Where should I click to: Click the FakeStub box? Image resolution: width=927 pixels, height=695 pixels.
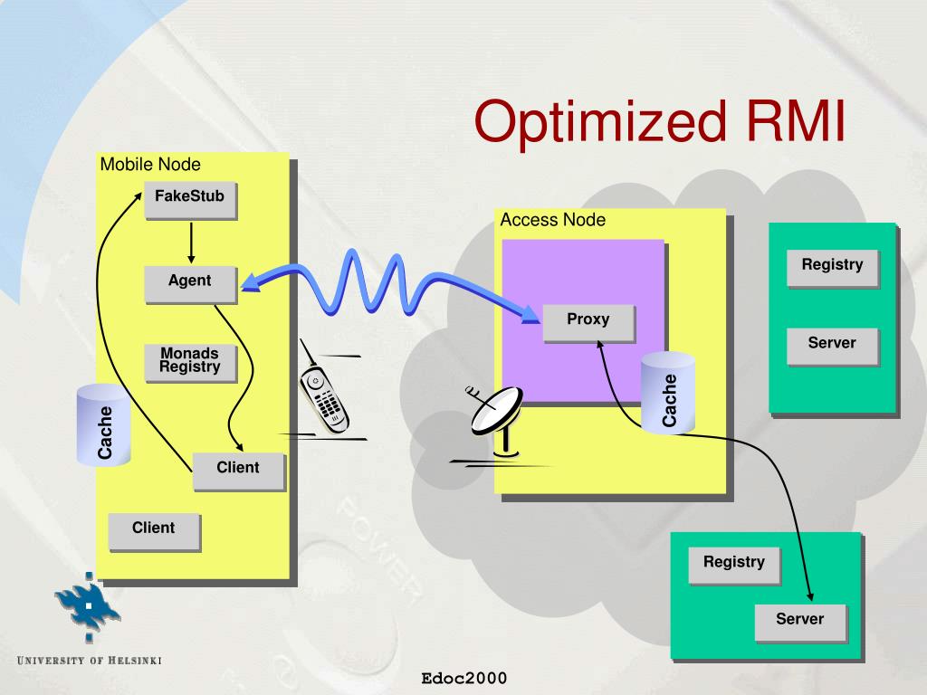click(190, 200)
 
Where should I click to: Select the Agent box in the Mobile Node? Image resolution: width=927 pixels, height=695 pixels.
click(190, 285)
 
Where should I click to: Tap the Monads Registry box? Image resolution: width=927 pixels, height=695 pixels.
click(190, 364)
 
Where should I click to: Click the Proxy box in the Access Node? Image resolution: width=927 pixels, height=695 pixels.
click(588, 324)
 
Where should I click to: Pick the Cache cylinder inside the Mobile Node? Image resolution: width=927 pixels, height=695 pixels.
click(103, 424)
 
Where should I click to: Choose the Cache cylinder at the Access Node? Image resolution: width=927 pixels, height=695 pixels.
click(668, 393)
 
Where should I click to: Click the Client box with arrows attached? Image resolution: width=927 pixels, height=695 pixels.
click(239, 471)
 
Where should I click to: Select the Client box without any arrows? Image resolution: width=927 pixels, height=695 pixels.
click(154, 532)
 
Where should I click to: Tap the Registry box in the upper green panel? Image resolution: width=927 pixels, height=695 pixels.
click(833, 269)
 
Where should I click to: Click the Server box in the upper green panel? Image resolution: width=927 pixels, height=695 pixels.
click(833, 347)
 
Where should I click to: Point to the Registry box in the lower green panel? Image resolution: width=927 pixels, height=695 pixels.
click(734, 566)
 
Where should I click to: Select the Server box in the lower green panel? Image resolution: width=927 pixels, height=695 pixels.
click(800, 624)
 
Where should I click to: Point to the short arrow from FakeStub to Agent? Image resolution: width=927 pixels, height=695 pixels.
click(191, 243)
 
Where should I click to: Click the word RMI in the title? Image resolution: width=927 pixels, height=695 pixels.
click(795, 121)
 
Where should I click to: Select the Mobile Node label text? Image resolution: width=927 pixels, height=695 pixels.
click(150, 165)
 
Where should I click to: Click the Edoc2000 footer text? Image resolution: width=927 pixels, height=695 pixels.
click(464, 679)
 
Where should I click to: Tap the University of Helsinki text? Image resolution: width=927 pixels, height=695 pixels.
click(90, 660)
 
